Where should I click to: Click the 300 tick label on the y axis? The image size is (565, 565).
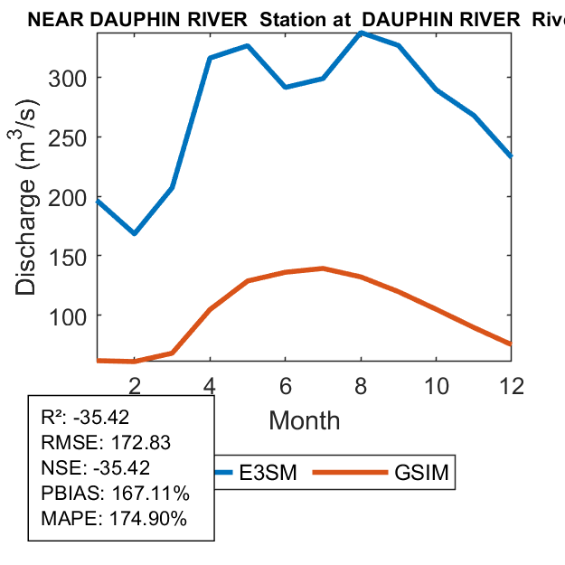[69, 78]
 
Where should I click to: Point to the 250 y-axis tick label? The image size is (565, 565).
[69, 137]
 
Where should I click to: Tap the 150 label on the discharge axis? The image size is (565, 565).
[69, 256]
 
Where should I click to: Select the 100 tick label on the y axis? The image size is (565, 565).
[69, 315]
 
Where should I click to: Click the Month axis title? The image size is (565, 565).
[305, 420]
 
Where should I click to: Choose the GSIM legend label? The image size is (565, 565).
[421, 472]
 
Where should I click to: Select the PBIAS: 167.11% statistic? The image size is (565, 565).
[116, 494]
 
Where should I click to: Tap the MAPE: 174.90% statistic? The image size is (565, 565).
[114, 519]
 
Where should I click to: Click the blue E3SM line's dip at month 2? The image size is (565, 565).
[135, 233]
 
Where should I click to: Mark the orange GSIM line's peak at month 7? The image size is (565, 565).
[323, 268]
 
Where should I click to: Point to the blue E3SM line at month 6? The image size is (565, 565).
[285, 87]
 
